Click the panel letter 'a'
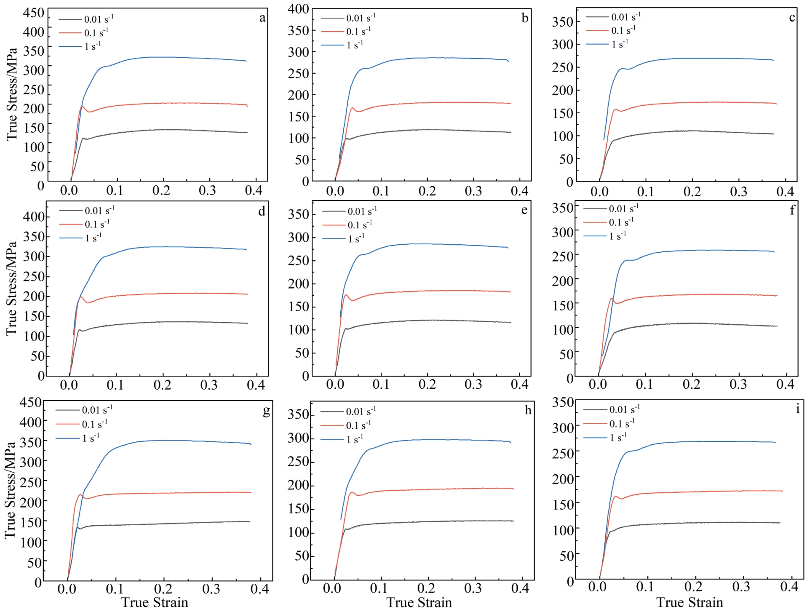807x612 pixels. pyautogui.click(x=262, y=18)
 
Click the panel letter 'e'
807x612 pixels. pyautogui.click(x=524, y=210)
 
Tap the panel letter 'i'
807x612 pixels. pyautogui.click(x=797, y=409)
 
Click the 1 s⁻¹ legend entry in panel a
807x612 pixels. pyautogui.click(x=92, y=46)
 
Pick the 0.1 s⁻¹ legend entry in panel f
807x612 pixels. pyautogui.click(x=621, y=222)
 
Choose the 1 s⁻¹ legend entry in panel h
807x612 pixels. pyautogui.click(x=354, y=439)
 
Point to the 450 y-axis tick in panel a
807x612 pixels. pyautogui.click(x=33, y=13)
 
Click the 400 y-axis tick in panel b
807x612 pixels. pyautogui.click(x=299, y=8)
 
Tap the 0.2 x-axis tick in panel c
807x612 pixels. pyautogui.click(x=692, y=192)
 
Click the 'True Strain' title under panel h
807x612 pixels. pyautogui.click(x=419, y=603)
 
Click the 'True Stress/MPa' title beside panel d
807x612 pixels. pyautogui.click(x=11, y=289)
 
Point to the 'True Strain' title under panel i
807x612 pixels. pyautogui.click(x=689, y=603)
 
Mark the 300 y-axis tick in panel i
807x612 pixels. pyautogui.click(x=563, y=428)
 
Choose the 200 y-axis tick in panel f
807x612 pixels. pyautogui.click(x=563, y=280)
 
